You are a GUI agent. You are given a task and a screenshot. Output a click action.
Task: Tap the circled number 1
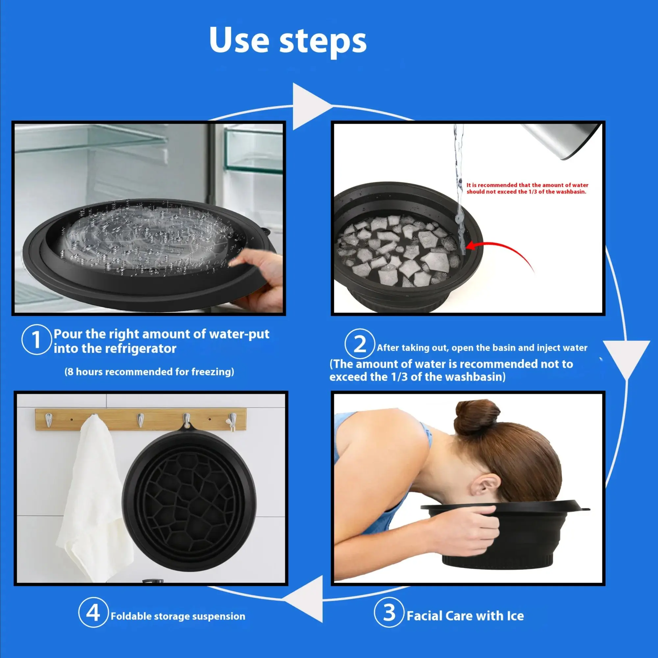tap(36, 340)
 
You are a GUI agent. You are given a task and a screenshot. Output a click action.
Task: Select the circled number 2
tap(360, 344)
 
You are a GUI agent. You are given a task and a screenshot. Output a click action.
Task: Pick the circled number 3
tap(389, 613)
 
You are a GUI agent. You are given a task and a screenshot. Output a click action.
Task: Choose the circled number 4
tap(93, 613)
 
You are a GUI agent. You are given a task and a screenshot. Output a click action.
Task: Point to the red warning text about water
tap(527, 188)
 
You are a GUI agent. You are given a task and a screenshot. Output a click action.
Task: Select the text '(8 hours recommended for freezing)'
tap(149, 371)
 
